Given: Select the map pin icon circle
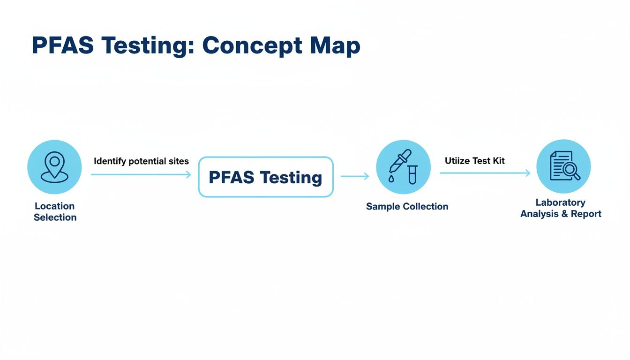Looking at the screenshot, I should (x=55, y=167).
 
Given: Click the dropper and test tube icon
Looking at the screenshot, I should (x=403, y=167).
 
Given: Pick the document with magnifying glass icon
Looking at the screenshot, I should (x=563, y=166).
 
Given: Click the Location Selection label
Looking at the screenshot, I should (x=55, y=211).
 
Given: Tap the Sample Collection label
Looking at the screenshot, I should (x=407, y=206).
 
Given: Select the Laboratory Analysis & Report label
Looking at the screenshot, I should (x=561, y=208).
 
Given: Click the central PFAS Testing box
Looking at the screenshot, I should (x=266, y=177).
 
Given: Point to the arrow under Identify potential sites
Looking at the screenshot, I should (x=141, y=174).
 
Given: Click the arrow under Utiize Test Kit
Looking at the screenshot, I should (x=485, y=173).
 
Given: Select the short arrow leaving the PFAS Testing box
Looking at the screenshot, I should (x=355, y=176).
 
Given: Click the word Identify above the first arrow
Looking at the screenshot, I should (x=110, y=161).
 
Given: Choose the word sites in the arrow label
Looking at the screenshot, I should (x=178, y=161).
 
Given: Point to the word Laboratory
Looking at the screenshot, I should (x=560, y=202).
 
